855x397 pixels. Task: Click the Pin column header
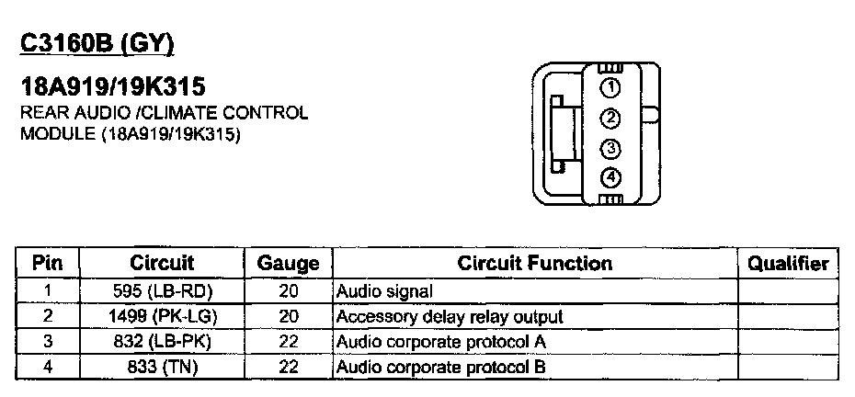47,264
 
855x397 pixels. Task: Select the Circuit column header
162,264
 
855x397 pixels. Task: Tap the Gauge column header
288,264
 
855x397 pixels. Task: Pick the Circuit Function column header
534,264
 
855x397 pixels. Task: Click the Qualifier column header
788,264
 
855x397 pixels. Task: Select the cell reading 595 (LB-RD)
162,291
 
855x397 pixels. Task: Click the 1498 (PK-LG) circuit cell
162,317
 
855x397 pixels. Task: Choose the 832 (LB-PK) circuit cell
162,342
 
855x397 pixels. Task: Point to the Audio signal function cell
384,291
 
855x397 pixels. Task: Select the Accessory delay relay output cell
450,317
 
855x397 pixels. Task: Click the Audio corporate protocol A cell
442,342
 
